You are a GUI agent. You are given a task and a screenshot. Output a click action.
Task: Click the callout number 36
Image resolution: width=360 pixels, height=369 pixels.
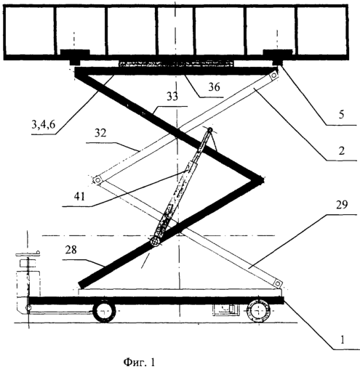pyautogui.click(x=214, y=86)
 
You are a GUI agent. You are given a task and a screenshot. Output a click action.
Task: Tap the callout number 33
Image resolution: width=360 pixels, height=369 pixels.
pyautogui.click(x=172, y=97)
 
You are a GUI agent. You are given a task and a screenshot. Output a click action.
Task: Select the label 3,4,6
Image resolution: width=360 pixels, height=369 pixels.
pyautogui.click(x=44, y=124)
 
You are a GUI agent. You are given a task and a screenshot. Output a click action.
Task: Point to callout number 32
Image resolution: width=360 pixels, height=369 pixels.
pyautogui.click(x=100, y=133)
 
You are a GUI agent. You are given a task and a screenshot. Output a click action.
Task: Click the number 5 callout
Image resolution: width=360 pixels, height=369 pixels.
pyautogui.click(x=341, y=114)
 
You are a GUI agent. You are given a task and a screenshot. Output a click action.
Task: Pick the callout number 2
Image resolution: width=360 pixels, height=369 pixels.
pyautogui.click(x=341, y=151)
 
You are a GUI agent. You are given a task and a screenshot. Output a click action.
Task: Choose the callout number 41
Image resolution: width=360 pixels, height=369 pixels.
pyautogui.click(x=80, y=196)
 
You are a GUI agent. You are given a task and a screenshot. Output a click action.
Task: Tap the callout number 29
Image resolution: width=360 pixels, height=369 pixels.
pyautogui.click(x=342, y=205)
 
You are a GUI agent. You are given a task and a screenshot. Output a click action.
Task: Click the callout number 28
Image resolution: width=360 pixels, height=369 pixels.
pyautogui.click(x=71, y=250)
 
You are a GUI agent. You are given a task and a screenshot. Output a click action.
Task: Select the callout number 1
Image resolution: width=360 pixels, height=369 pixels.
pyautogui.click(x=342, y=340)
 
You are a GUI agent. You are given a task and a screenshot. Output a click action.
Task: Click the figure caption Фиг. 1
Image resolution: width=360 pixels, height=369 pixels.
pyautogui.click(x=139, y=362)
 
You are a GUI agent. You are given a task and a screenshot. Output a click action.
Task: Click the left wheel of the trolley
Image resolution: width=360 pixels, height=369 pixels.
pyautogui.click(x=104, y=312)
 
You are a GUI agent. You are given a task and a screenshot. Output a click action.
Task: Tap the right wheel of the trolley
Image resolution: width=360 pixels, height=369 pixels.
pyautogui.click(x=258, y=311)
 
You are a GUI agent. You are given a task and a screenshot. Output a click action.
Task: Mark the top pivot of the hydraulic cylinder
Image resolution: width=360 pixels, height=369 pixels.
pyautogui.click(x=210, y=130)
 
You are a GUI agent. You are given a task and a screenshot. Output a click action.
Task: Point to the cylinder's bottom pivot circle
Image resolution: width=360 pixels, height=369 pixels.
pyautogui.click(x=155, y=241)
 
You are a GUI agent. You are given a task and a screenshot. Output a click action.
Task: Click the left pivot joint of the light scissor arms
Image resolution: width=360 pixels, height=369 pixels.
pyautogui.click(x=97, y=180)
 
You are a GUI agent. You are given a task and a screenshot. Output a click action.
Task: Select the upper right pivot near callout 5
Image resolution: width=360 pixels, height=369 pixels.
pyautogui.click(x=274, y=76)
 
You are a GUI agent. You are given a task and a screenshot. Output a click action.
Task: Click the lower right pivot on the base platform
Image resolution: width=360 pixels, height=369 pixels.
pyautogui.click(x=278, y=283)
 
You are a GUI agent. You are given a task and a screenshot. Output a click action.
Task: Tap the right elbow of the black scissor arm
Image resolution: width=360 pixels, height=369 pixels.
pyautogui.click(x=260, y=181)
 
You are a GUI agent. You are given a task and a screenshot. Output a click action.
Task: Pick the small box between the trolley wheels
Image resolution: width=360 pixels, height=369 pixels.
pyautogui.click(x=225, y=309)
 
